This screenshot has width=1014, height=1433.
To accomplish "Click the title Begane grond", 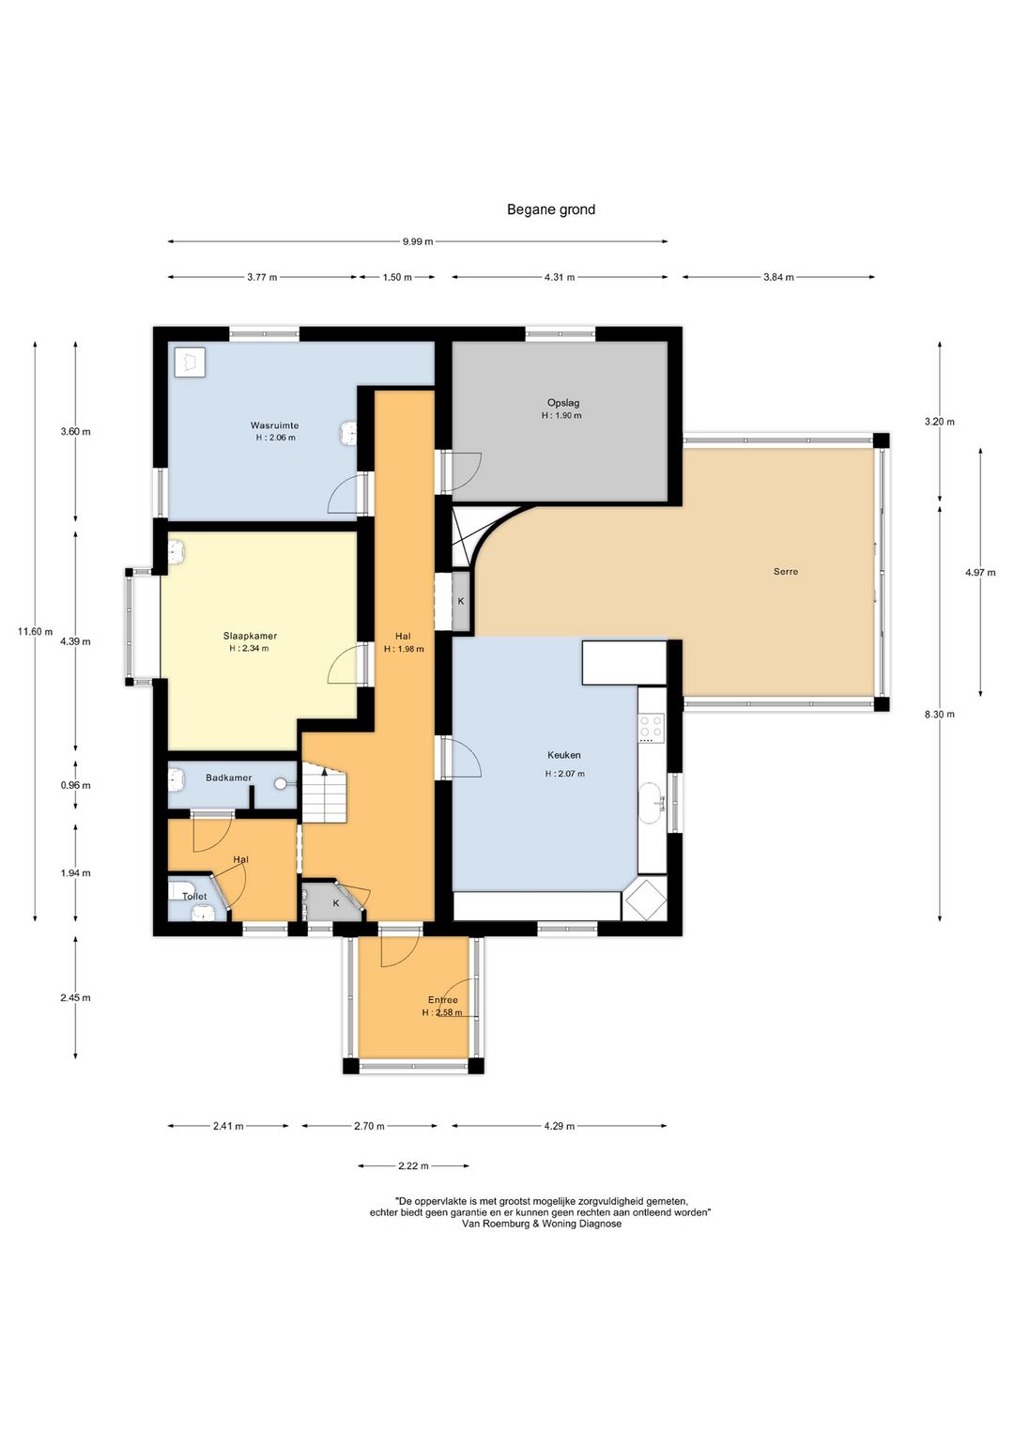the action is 551,209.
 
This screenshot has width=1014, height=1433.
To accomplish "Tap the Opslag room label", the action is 563,403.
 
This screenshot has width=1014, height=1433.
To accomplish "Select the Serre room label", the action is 786,571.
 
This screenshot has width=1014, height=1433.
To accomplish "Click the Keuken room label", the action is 563,755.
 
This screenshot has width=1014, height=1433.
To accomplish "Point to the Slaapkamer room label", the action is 250,636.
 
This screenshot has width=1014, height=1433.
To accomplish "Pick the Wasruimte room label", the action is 274,424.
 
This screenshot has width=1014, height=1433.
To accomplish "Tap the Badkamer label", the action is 228,778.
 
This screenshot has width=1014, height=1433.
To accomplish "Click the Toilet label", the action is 194,896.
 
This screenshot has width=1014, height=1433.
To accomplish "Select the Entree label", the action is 443,1000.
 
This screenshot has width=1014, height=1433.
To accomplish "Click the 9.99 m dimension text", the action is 417,241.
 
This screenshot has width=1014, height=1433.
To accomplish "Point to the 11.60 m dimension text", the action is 35,631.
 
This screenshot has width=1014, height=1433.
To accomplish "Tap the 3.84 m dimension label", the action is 778,277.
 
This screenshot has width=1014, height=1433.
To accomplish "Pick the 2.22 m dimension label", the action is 413,1165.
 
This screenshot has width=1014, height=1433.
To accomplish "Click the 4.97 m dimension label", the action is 980,573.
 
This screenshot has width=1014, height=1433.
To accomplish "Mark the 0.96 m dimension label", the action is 75,785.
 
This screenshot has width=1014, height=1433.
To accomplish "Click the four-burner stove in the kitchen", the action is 652,728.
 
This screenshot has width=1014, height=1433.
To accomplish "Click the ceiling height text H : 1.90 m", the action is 561,415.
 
